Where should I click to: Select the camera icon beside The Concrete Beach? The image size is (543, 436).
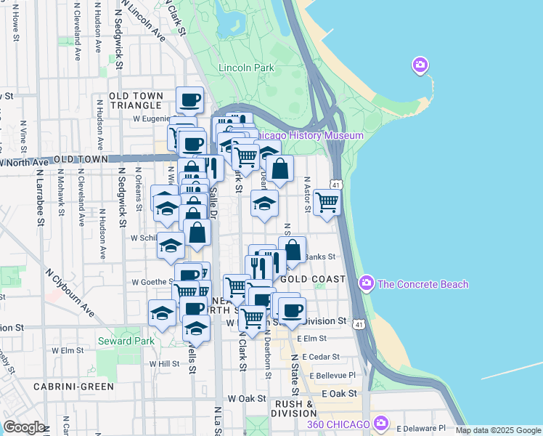pyautogui.click(x=367, y=283)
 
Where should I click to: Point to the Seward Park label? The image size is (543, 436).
pyautogui.click(x=126, y=341)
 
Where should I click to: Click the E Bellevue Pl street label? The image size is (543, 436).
pyautogui.click(x=332, y=375)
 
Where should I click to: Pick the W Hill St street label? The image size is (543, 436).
pyautogui.click(x=164, y=363)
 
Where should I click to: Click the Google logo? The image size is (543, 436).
pyautogui.click(x=23, y=427)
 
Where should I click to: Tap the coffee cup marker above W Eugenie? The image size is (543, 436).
pyautogui.click(x=189, y=100)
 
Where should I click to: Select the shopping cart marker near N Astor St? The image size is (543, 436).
pyautogui.click(x=327, y=202)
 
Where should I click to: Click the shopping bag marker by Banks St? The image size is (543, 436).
pyautogui.click(x=292, y=250)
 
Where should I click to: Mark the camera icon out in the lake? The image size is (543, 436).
pyautogui.click(x=420, y=66)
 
